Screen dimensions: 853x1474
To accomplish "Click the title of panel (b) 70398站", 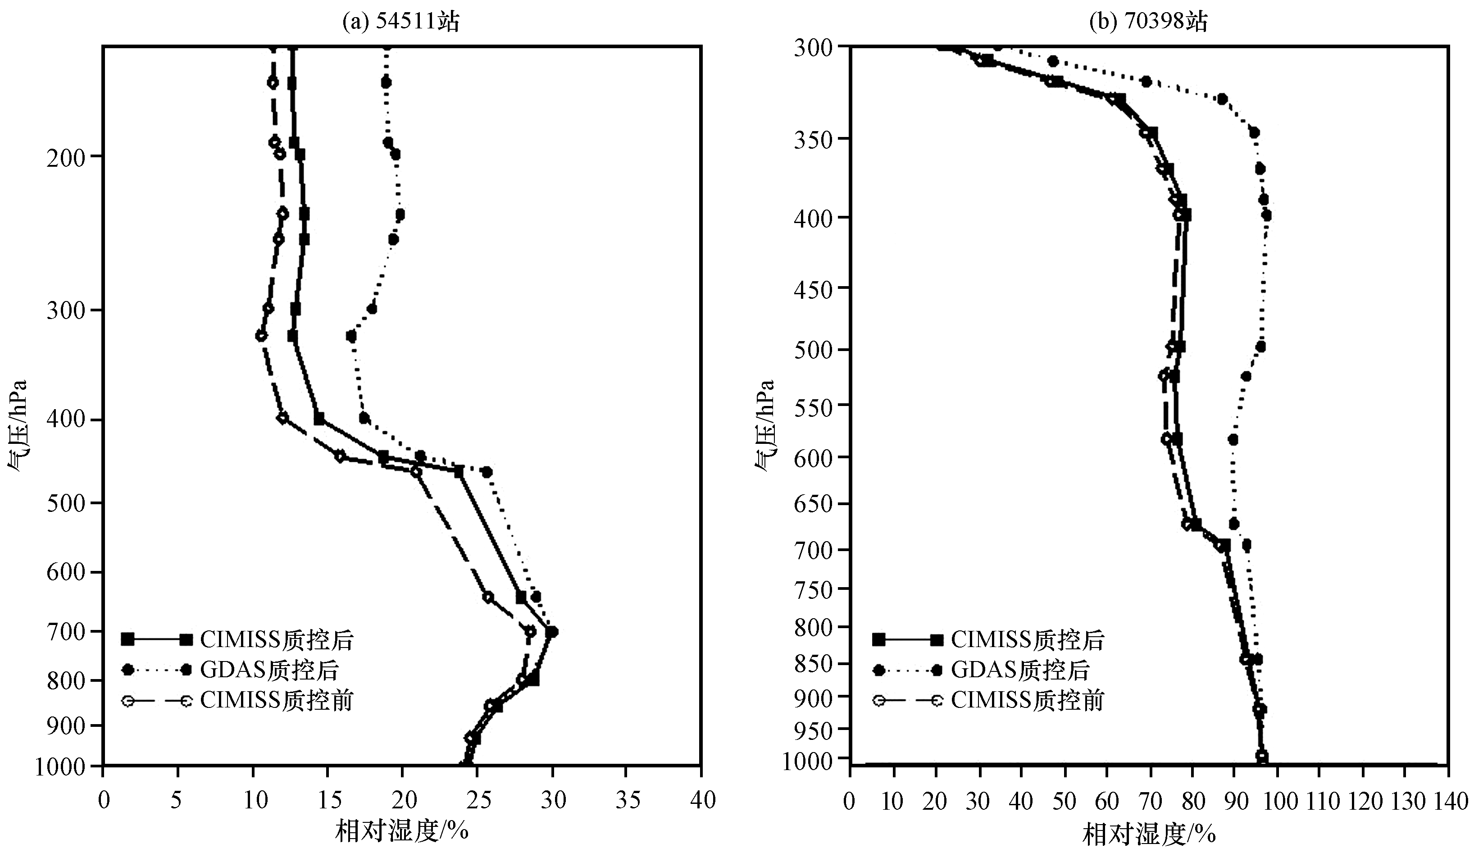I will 1147,22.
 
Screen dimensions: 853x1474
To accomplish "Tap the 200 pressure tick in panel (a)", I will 64,156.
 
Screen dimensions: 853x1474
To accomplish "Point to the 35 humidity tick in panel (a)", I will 627,800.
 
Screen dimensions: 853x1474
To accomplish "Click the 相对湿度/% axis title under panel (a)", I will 402,831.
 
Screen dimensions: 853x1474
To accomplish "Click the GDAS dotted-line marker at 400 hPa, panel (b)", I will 1266,216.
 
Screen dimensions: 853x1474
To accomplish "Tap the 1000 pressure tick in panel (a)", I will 61,767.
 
